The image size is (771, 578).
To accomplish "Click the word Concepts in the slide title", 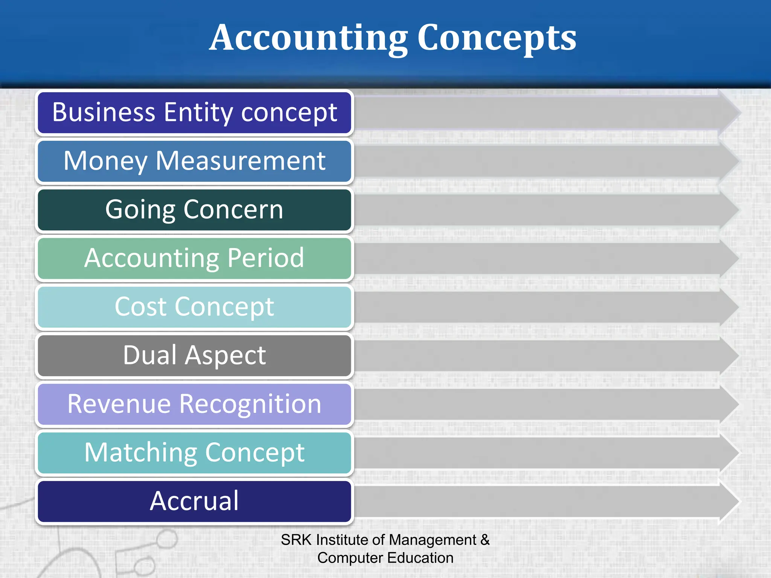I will pyautogui.click(x=497, y=38).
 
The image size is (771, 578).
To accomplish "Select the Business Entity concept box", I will pyautogui.click(x=194, y=113).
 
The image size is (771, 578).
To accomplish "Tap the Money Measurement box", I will pyautogui.click(x=194, y=161).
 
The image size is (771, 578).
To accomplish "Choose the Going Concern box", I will pyautogui.click(x=194, y=210).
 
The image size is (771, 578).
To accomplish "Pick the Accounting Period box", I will pyautogui.click(x=194, y=258).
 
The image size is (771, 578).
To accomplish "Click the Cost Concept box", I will pyautogui.click(x=194, y=307).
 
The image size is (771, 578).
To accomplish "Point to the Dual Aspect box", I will pyautogui.click(x=194, y=355).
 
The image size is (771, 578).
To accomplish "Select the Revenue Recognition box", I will pyautogui.click(x=194, y=404).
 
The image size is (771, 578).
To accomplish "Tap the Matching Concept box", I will pyautogui.click(x=194, y=452).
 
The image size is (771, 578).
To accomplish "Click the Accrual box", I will pyautogui.click(x=194, y=501).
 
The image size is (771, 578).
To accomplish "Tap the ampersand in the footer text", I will pyautogui.click(x=485, y=540).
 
